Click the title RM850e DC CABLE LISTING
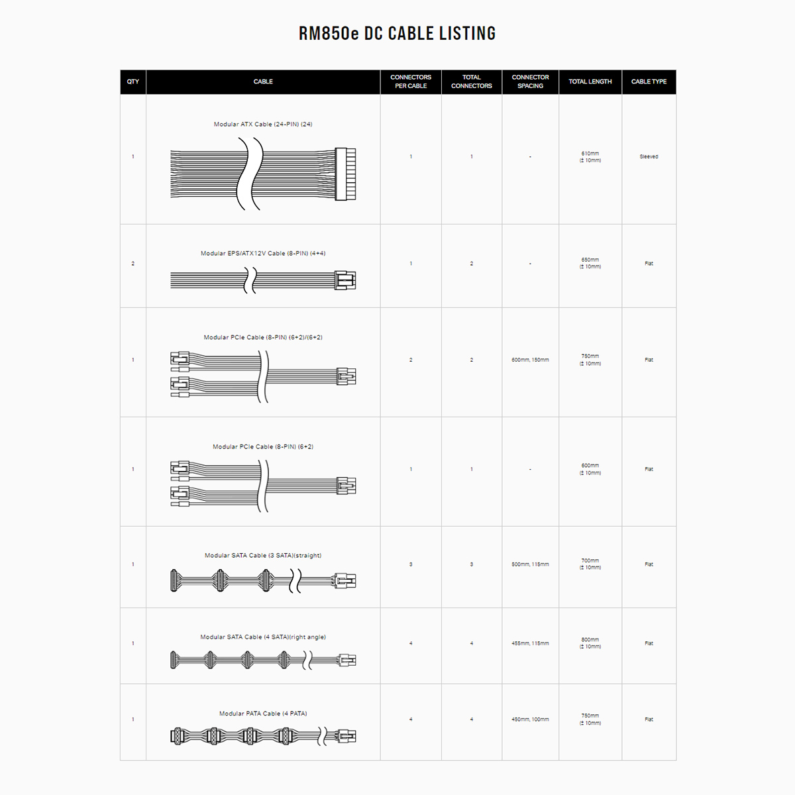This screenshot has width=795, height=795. pyautogui.click(x=397, y=33)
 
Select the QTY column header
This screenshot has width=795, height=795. pyautogui.click(x=133, y=81)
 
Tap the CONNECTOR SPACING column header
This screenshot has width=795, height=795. pyautogui.click(x=530, y=81)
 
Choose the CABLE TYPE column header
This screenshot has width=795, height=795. pyautogui.click(x=649, y=81)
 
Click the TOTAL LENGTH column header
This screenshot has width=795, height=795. pyautogui.click(x=590, y=81)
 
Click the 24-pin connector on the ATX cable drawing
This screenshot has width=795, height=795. pyautogui.click(x=345, y=174)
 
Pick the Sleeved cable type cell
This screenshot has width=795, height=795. pyautogui.click(x=649, y=157)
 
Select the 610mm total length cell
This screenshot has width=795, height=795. pyautogui.click(x=590, y=157)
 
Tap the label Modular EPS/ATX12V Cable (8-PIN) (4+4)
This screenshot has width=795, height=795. pyautogui.click(x=263, y=253)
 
